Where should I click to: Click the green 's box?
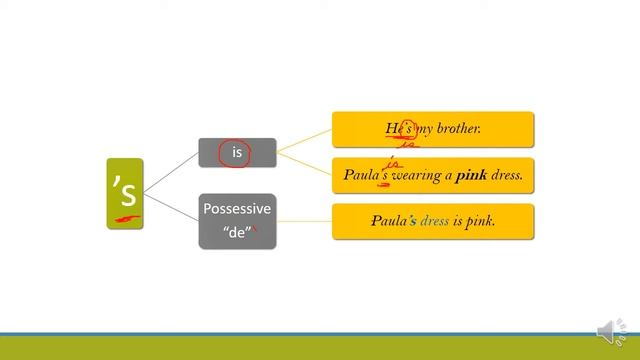tap(125, 192)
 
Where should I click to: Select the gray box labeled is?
tap(237, 153)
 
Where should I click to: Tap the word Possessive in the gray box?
tap(237, 209)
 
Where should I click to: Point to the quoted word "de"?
tap(236, 232)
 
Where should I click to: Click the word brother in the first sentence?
tap(455, 129)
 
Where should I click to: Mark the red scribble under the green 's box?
tap(126, 219)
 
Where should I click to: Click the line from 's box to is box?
tap(171, 171)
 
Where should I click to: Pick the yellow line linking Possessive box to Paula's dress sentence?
tap(304, 221)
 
